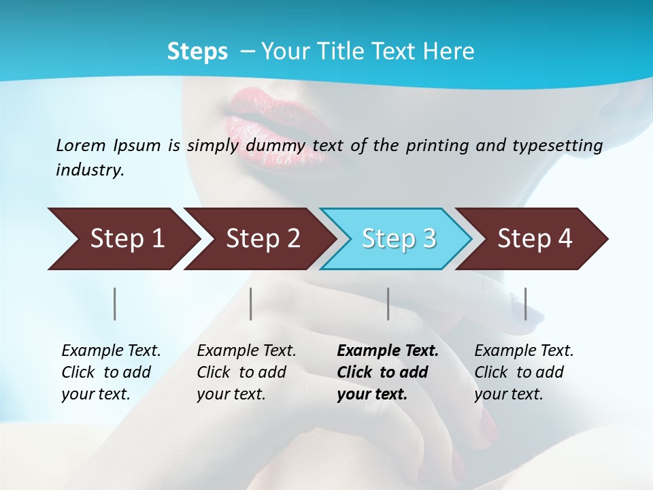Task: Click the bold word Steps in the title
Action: tap(197, 52)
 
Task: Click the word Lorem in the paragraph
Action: tap(81, 145)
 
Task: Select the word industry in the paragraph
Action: tap(89, 170)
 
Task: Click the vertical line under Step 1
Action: tap(115, 304)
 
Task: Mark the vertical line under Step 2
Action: tap(251, 304)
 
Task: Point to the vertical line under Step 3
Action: tap(388, 304)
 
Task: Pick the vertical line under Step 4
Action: tap(525, 304)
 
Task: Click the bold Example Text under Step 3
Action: tap(388, 351)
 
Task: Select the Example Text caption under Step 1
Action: tap(111, 351)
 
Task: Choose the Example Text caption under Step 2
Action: tap(246, 351)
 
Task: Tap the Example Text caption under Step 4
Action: tap(524, 351)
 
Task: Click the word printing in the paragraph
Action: tap(437, 145)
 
